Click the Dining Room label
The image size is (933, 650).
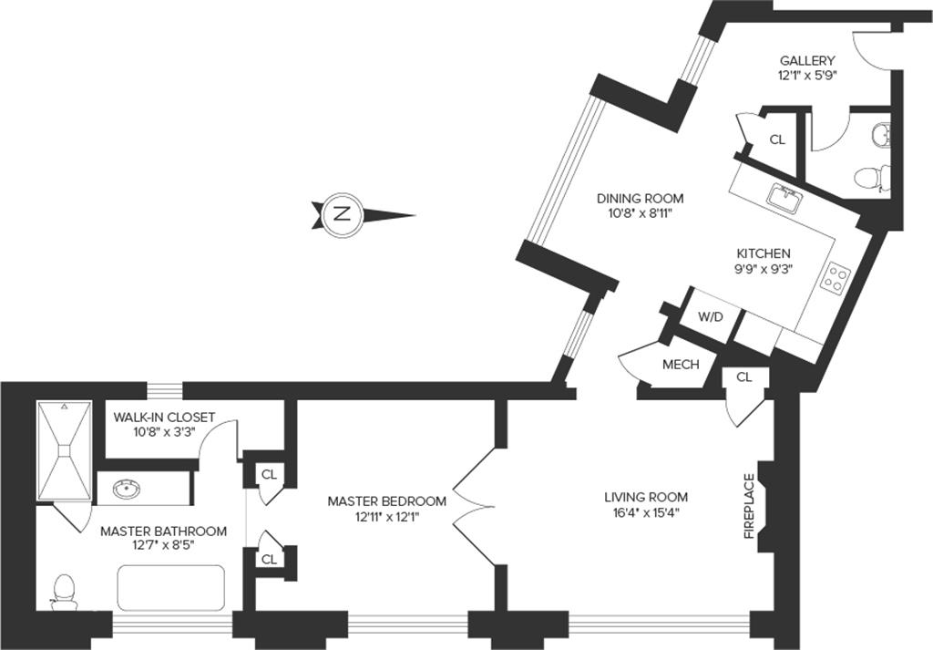(640, 198)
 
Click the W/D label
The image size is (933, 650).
(710, 316)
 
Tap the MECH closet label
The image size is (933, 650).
(681, 365)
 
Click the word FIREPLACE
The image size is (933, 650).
(749, 506)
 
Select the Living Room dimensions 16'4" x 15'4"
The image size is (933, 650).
(646, 512)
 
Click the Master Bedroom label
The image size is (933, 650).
(387, 501)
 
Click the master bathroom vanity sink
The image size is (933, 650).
(127, 490)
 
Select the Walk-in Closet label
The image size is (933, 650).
(164, 418)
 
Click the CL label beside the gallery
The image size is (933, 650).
(777, 139)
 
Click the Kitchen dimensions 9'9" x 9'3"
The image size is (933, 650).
(764, 269)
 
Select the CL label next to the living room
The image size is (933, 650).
(744, 377)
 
